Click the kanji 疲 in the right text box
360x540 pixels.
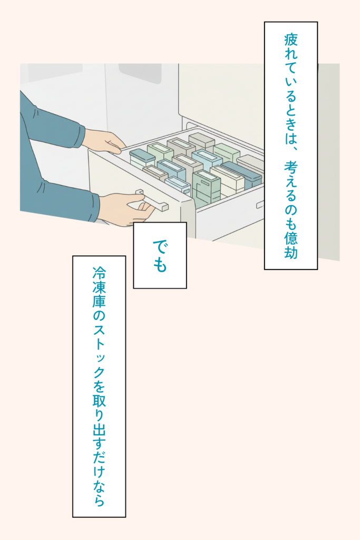pos(291,40)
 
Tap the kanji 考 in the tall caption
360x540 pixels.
pos(291,169)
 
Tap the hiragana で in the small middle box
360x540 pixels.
pos(160,246)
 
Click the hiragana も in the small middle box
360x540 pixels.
pos(160,265)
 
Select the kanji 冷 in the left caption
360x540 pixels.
pos(99,274)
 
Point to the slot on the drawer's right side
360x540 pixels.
pos(260,204)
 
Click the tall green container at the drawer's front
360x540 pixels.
pos(206,187)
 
